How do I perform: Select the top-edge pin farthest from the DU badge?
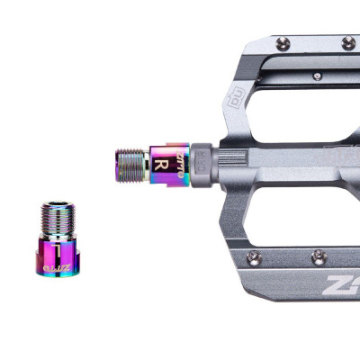[347, 41]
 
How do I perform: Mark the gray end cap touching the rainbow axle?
[202, 165]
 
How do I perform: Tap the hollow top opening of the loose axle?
[60, 206]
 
